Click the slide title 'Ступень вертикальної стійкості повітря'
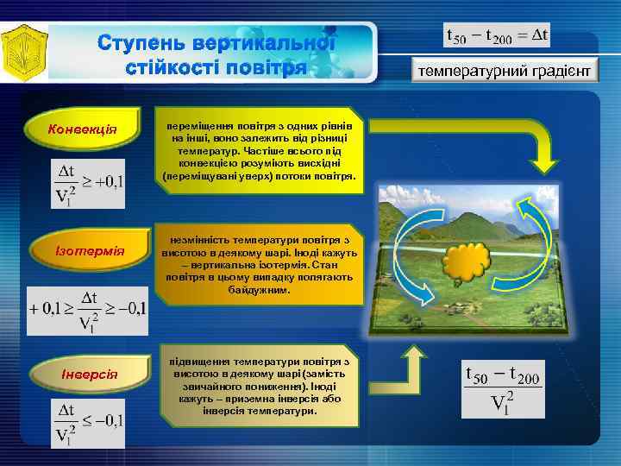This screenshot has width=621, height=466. click(216, 54)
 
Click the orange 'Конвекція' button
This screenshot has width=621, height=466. click(84, 129)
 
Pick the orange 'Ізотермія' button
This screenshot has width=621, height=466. click(84, 251)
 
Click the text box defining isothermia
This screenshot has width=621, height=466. click(260, 266)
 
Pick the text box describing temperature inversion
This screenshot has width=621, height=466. click(261, 387)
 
